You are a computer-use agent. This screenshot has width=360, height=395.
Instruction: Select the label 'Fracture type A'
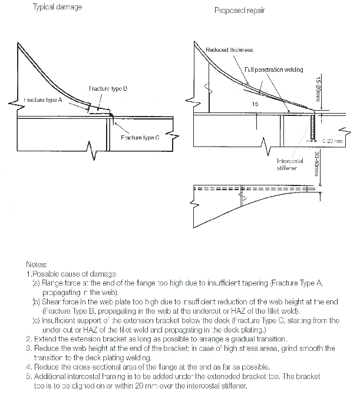click(x=36, y=101)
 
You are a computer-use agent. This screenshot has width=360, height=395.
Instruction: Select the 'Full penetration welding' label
click(x=273, y=69)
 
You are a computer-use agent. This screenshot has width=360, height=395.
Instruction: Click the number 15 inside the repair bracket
click(x=255, y=104)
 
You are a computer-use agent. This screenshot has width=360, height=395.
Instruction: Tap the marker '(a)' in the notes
click(x=37, y=284)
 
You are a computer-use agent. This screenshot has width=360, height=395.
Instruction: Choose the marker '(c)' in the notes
click(x=37, y=321)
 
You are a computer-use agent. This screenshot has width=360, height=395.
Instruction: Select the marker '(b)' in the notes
click(x=37, y=302)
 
